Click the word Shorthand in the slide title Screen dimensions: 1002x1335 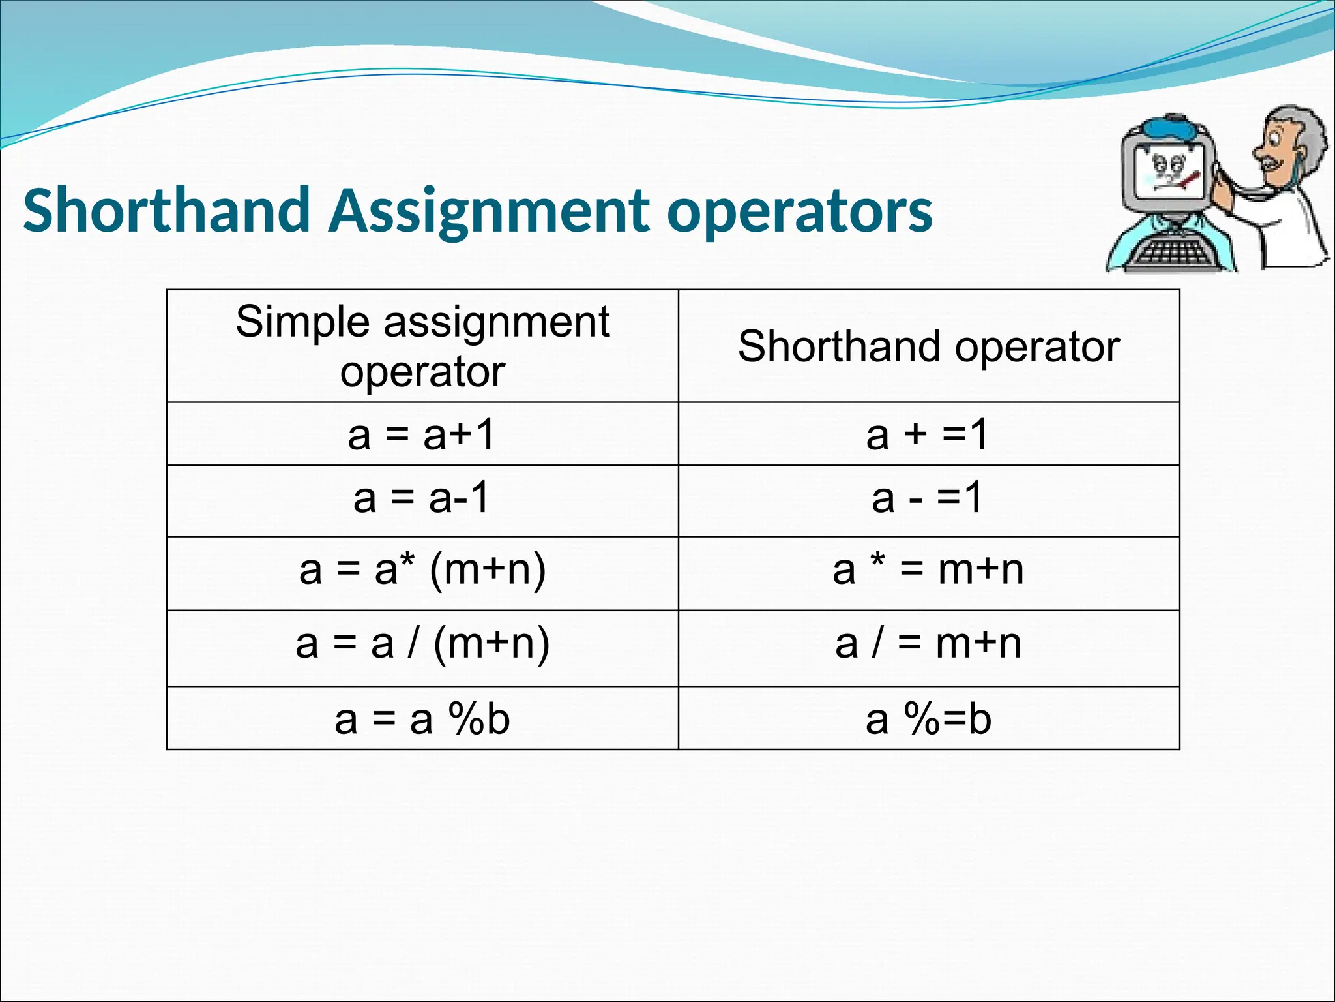pos(166,210)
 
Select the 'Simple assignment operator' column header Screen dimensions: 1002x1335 pos(422,346)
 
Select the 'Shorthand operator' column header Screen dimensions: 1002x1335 pos(928,346)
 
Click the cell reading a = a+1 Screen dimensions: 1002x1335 pos(422,434)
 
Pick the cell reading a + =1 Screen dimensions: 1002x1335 pos(928,434)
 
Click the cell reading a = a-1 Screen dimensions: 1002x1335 pos(422,499)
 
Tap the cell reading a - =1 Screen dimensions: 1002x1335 pos(928,499)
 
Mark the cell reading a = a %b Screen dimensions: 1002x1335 pos(422,719)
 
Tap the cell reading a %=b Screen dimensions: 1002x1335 pos(928,719)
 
